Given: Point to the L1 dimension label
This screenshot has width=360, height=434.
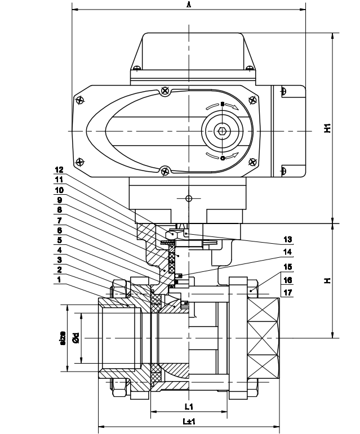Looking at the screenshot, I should coord(189,406).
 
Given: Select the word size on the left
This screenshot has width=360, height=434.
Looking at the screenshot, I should coord(63,338).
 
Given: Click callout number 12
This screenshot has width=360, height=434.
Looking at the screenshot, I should coord(59,169).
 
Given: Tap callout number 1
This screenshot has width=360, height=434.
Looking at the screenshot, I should coord(60,280).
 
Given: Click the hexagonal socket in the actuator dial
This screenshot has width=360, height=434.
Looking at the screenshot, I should coord(223,132).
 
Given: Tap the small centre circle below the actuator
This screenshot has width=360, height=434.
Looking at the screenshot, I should coord(189,198).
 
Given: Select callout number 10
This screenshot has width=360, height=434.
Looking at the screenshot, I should coord(59,190).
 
